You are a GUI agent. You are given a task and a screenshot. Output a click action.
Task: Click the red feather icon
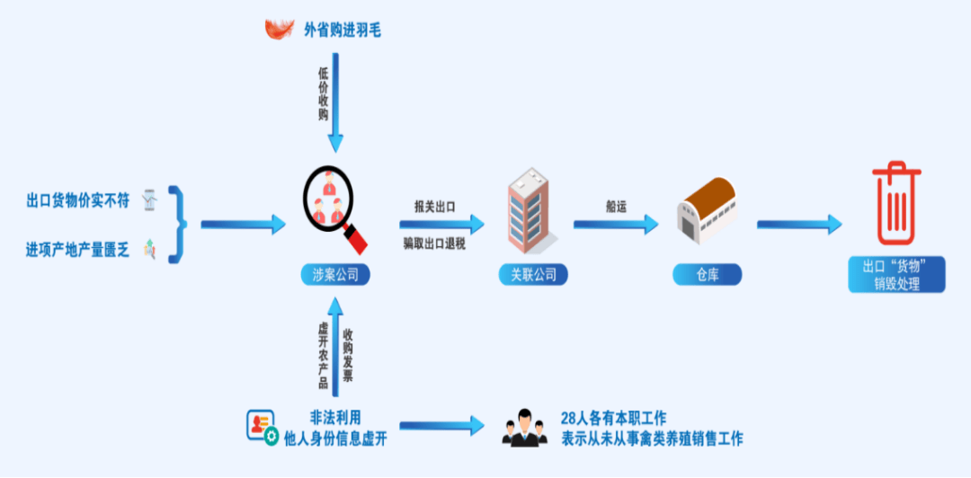pos(280,29)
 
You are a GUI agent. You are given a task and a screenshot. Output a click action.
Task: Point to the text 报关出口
pos(434,206)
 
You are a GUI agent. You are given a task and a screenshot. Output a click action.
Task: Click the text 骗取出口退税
pos(434,243)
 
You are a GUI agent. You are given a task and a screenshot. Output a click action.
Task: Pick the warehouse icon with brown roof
pos(706,209)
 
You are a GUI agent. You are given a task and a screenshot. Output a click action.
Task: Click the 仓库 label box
pos(706,275)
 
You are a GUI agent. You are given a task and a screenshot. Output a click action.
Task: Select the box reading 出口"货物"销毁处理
pos(896,275)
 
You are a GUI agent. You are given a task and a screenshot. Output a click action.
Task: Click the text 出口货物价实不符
pos(78,200)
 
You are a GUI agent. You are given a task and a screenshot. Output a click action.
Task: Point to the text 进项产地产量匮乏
pos(78,250)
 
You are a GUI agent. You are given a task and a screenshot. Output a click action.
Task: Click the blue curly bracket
pos(180,224)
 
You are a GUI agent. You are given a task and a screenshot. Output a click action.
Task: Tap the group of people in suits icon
pos(525,429)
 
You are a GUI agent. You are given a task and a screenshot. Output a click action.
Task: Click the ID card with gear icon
pos(262,427)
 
